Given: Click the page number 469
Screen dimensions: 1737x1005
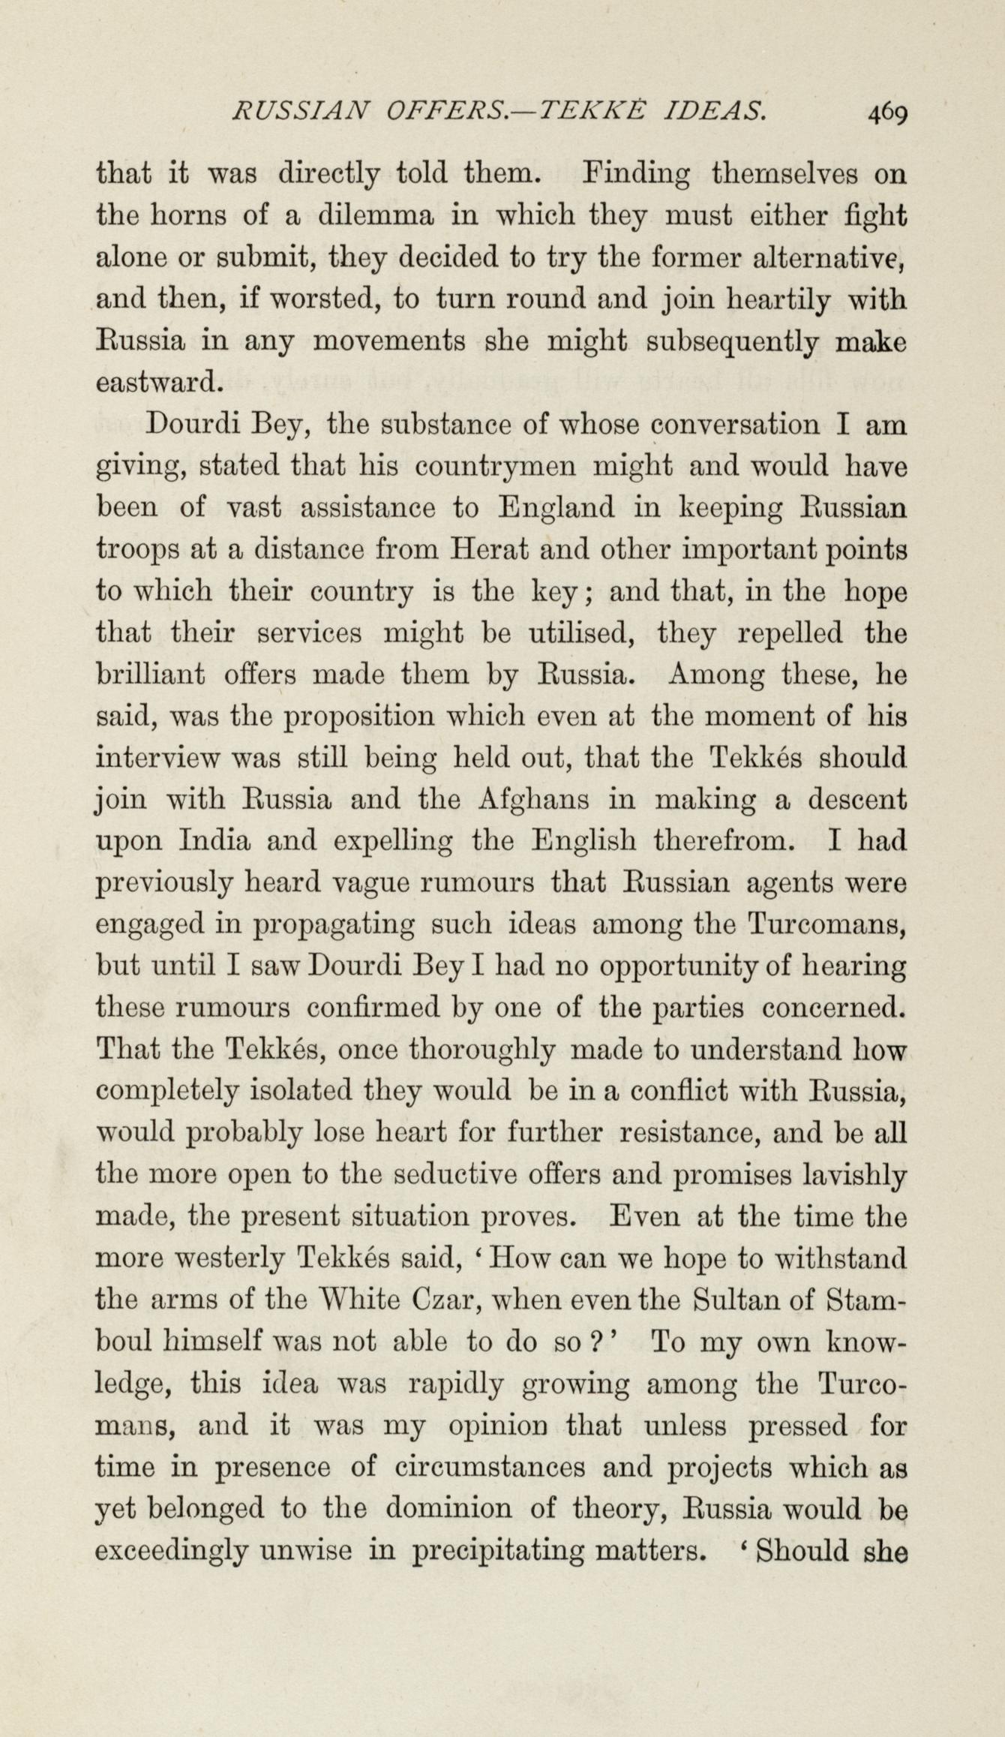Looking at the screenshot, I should click(x=887, y=113).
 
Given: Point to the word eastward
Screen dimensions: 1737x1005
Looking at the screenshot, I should click(x=160, y=383).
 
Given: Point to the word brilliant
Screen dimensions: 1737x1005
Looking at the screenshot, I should click(x=151, y=674).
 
